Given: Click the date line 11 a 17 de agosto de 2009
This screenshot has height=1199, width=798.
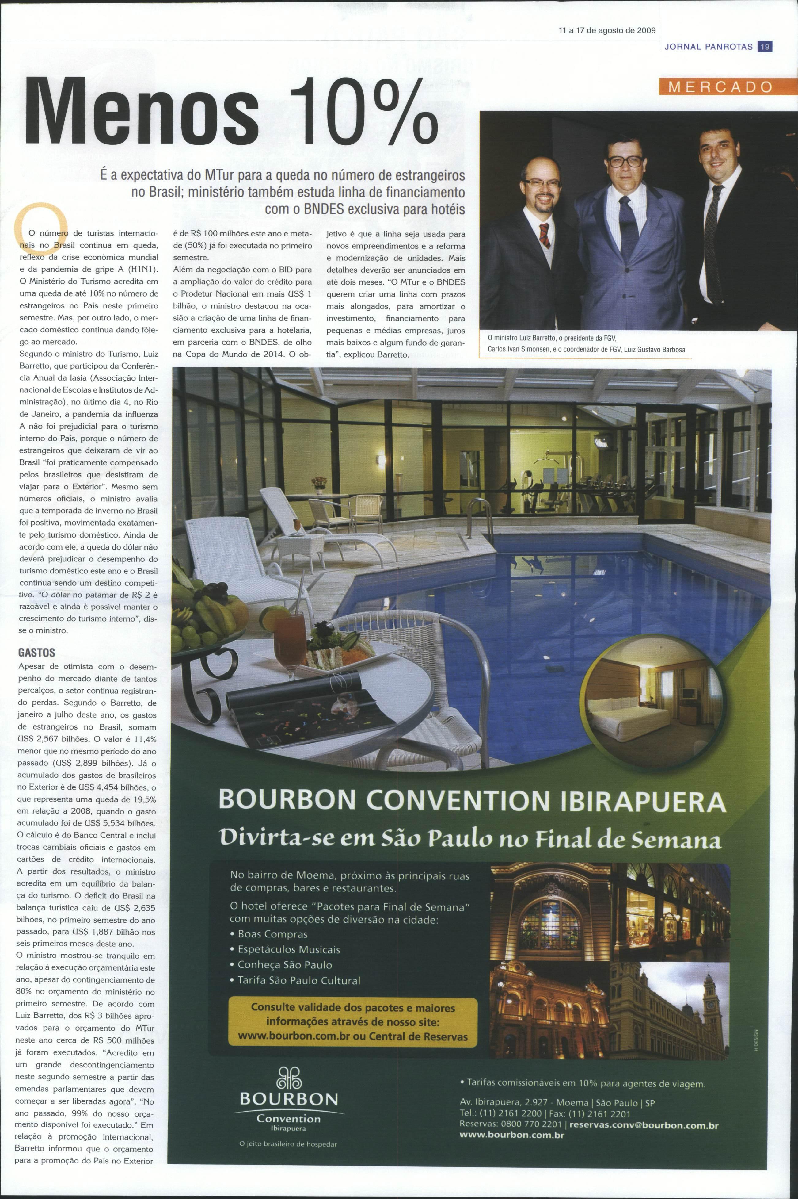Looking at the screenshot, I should pos(607,30).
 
